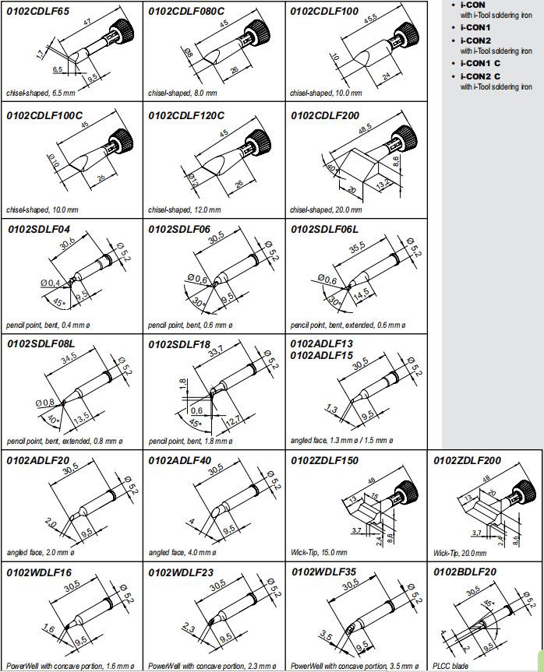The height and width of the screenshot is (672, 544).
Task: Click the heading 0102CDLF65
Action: pos(38,11)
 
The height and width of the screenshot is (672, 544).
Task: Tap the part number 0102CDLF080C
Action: pos(186,11)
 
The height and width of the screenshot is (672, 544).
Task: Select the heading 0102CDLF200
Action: pos(327,115)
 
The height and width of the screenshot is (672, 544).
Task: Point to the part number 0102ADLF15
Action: pos(322,355)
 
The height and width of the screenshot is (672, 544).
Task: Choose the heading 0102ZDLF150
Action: pos(325,460)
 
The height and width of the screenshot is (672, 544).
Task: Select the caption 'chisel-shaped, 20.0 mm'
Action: pos(326,209)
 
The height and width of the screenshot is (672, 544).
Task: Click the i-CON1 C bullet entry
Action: pos(480,62)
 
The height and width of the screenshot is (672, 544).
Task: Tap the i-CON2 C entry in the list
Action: pos(480,76)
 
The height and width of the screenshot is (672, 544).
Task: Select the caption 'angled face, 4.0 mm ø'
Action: pos(182,552)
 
